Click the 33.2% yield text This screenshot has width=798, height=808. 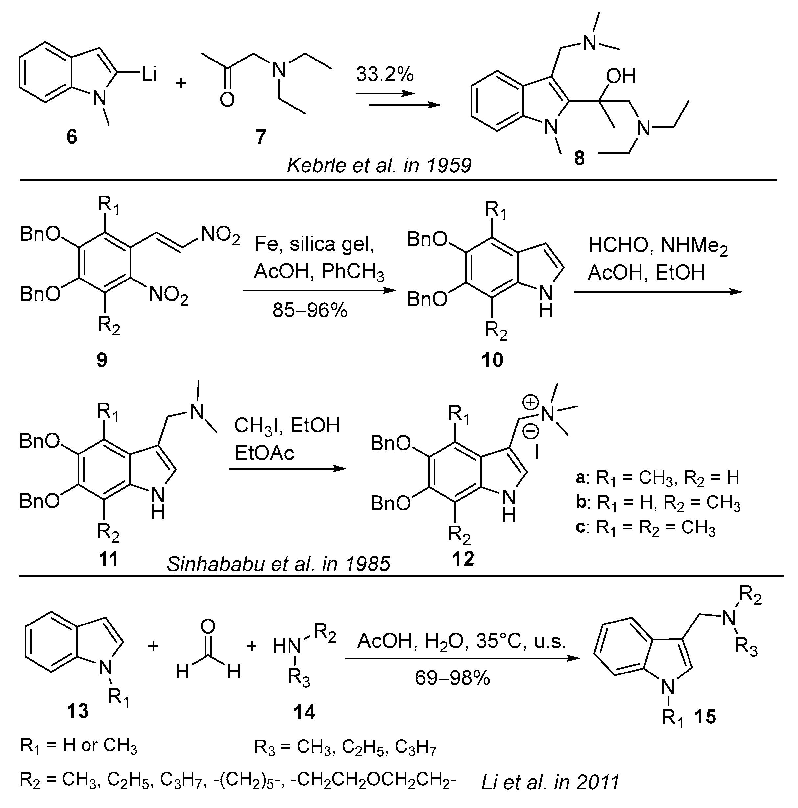tap(384, 74)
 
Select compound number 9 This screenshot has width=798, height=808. tap(102, 359)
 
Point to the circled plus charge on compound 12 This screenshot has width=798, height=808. tap(531, 403)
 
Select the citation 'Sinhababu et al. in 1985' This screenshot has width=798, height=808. tap(278, 564)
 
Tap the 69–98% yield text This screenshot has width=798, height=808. tap(452, 677)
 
